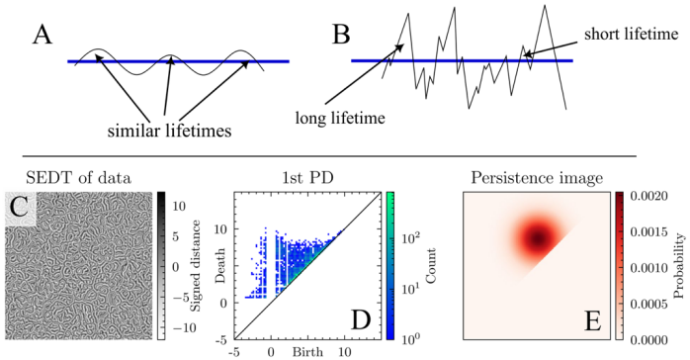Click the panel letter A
click(43, 35)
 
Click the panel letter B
click(341, 35)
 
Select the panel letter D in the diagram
click(361, 320)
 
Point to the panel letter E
click(592, 320)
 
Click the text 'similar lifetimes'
click(169, 132)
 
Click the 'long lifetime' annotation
click(340, 118)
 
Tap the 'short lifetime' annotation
click(631, 34)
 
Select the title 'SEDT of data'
click(78, 178)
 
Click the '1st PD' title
click(307, 178)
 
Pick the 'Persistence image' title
click(537, 178)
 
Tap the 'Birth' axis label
click(307, 352)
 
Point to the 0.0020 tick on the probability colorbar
click(649, 196)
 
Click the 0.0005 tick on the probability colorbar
click(649, 304)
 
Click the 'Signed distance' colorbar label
click(196, 266)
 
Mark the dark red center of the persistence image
click(538, 239)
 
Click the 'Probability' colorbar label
click(680, 266)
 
